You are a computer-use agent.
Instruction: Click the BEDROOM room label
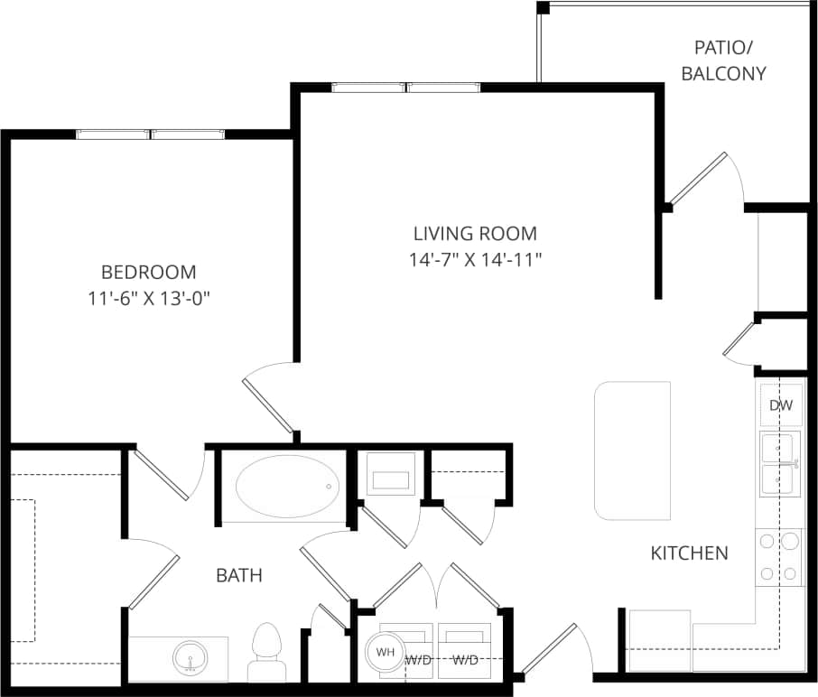148,272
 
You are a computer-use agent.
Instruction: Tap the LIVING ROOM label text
475,234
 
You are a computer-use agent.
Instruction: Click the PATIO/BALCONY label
723,60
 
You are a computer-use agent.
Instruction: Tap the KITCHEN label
689,553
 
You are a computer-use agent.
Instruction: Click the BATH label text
238,574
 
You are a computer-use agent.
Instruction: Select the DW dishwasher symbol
780,405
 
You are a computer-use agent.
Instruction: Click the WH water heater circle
385,652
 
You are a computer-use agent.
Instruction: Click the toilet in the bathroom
265,652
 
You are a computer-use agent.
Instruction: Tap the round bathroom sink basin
190,657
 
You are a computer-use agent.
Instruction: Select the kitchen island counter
632,450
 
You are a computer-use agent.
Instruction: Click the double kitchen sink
779,464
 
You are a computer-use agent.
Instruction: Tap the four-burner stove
779,556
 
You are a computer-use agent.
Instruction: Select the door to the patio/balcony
699,177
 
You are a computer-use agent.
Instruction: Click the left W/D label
418,660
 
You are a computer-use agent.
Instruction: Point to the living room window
406,88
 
